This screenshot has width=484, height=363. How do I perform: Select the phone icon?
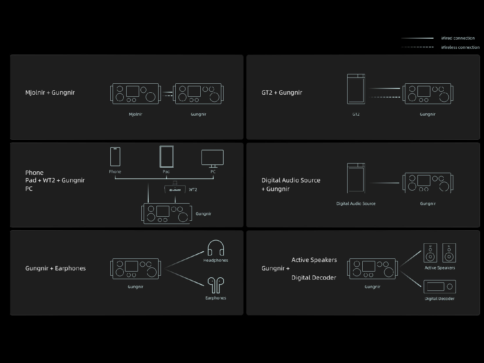(115, 157)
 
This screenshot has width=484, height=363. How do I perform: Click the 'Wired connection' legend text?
(458, 38)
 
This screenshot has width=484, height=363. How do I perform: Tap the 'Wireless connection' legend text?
(460, 47)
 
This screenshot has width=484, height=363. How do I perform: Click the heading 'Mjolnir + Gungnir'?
(50, 92)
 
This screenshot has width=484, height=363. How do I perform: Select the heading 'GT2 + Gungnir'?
(282, 92)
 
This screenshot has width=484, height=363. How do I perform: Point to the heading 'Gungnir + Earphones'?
(55, 268)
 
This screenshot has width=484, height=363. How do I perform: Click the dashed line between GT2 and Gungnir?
(384, 97)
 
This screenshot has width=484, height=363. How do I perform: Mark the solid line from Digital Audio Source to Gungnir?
(384, 183)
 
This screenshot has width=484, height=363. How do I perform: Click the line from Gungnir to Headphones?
(184, 260)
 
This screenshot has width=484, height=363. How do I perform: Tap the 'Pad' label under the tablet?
(166, 172)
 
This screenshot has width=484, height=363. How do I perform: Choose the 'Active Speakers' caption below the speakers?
(440, 268)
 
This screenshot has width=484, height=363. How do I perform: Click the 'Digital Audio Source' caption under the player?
(356, 204)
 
